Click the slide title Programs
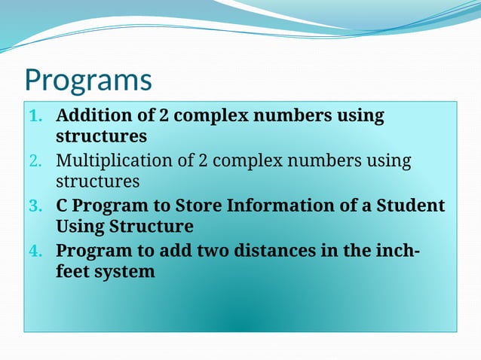pos(87,80)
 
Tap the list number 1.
pos(35,117)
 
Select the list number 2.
pos(35,161)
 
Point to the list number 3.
pos(35,206)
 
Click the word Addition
pos(96,116)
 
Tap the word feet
pos(73,272)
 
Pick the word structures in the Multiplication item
pos(97,182)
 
